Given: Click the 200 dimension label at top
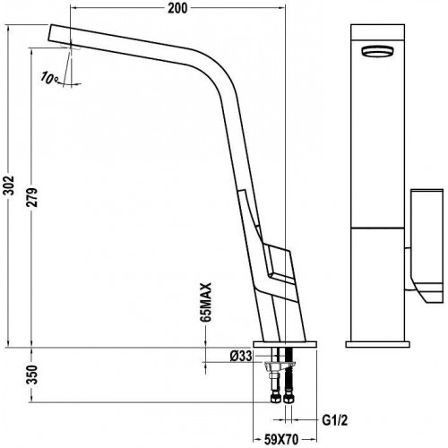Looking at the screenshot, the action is tap(177, 8).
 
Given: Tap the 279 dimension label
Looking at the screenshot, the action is tap(31, 197).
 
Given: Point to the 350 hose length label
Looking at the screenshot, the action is tap(31, 375).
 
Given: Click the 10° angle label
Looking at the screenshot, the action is tap(50, 78).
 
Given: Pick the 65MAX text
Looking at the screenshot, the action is tap(206, 302).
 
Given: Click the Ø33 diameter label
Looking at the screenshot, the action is tap(241, 356).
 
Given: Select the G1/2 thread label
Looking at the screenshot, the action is tap(335, 421).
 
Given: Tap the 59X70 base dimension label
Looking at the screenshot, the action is tap(281, 439).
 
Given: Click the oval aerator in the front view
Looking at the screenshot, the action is tap(377, 50).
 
